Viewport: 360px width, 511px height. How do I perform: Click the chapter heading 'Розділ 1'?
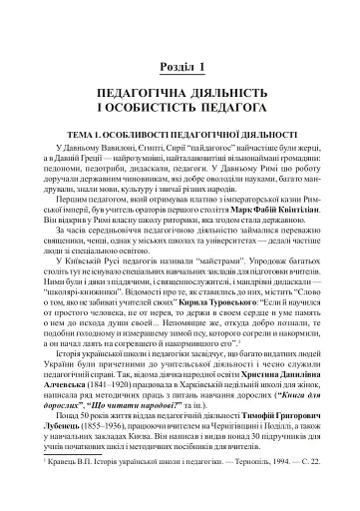[180, 67]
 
